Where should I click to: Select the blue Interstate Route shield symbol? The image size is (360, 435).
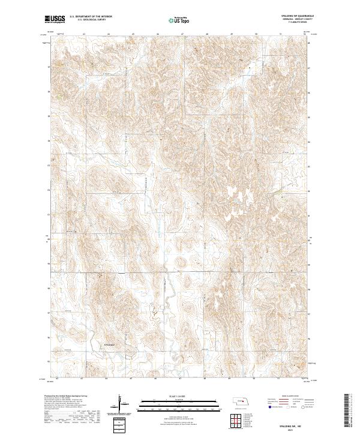(269, 407)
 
